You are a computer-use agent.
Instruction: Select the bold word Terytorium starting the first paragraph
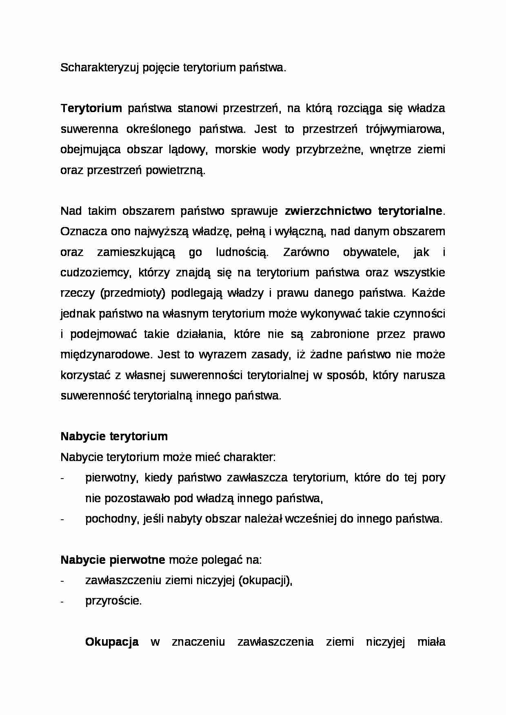click(x=91, y=108)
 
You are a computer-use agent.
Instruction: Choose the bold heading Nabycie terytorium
click(x=114, y=437)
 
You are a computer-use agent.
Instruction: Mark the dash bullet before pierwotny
click(x=62, y=478)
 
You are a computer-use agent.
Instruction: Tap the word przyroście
click(x=113, y=601)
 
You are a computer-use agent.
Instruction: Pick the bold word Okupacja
click(x=112, y=642)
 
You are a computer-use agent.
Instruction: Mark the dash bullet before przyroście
click(x=62, y=601)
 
